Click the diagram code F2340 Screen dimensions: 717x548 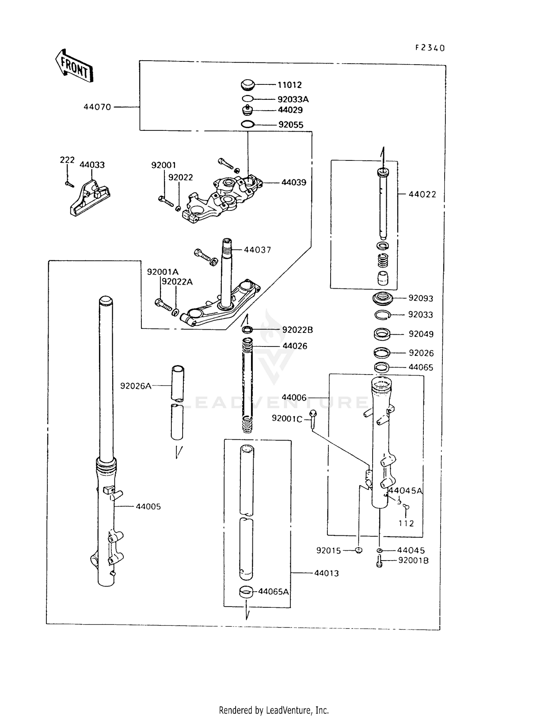point(430,48)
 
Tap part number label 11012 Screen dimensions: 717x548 point(289,85)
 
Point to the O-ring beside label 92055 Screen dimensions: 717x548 point(248,125)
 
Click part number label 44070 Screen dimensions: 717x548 point(97,107)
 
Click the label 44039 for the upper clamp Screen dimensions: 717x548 point(294,182)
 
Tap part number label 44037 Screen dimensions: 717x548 point(257,250)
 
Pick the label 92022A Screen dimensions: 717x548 point(177,281)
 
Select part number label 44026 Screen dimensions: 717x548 point(295,346)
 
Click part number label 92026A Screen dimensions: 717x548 point(136,386)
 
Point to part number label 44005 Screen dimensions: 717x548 point(148,507)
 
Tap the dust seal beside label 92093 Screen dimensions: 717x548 point(382,298)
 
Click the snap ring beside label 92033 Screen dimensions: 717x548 point(383,315)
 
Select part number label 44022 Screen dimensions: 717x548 point(422,194)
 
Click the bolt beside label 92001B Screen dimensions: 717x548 point(379,561)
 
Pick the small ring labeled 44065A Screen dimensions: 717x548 point(246,591)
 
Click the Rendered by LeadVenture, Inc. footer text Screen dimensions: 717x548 point(274,710)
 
